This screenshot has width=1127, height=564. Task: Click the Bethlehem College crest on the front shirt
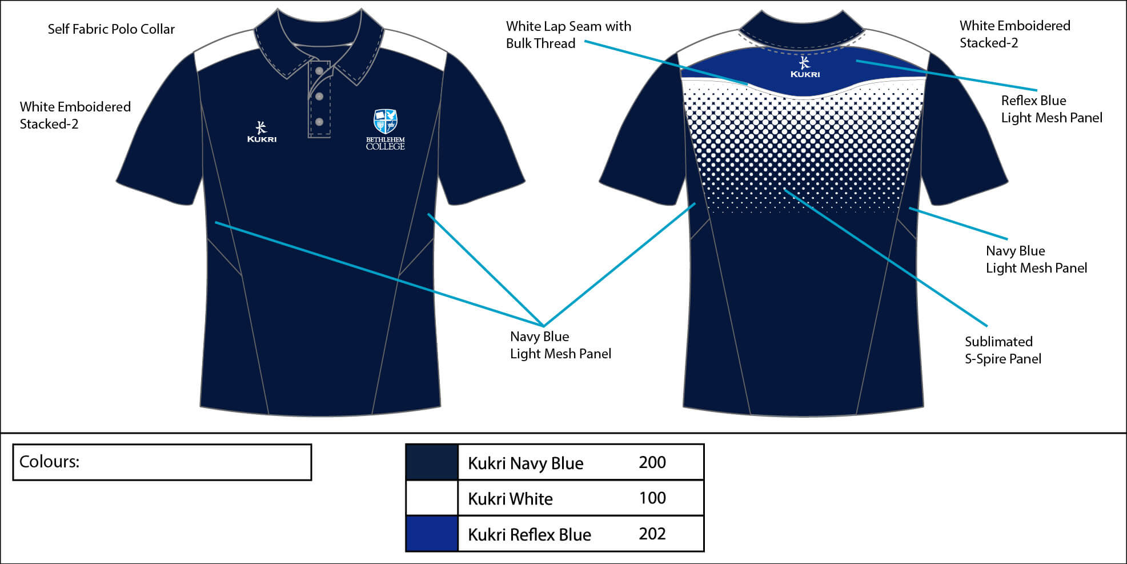385,129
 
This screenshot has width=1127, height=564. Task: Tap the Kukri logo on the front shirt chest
262,132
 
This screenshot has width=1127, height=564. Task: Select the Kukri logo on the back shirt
805,67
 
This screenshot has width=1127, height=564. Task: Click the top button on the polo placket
319,71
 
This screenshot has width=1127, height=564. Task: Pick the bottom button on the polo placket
319,122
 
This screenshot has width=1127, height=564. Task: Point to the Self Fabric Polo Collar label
111,29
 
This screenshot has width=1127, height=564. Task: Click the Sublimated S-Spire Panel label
1002,350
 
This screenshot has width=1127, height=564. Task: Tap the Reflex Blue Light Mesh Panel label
1051,109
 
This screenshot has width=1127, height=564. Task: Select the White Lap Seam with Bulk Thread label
568,35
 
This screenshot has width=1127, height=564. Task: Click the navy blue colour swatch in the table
432,462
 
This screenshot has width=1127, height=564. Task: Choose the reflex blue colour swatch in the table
432,534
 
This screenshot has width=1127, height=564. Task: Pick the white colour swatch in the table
432,498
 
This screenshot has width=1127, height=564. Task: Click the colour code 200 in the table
652,462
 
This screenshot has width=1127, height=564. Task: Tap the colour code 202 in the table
652,534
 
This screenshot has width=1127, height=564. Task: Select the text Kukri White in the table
510,499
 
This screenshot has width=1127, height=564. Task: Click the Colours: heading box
162,462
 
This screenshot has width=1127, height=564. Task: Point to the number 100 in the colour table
652,498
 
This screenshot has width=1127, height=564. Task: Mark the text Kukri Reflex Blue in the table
529,535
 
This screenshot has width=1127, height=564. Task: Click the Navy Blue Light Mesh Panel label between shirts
560,345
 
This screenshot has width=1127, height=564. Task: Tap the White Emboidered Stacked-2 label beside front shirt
75,115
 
